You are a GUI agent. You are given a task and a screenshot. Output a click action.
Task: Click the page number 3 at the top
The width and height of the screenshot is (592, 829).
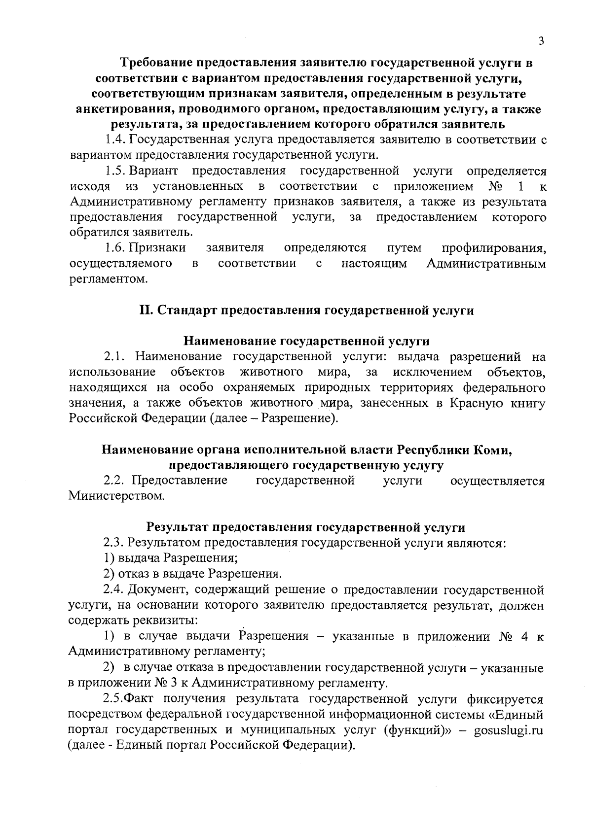point(541,41)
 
